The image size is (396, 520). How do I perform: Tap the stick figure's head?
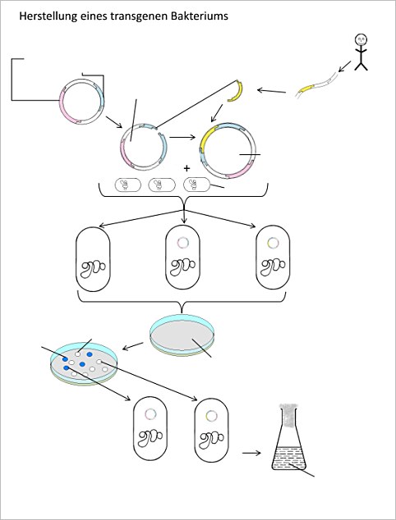pyautogui.click(x=361, y=40)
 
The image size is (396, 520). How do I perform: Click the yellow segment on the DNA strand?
pyautogui.click(x=306, y=89)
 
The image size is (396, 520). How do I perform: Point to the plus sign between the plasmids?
pyautogui.click(x=186, y=168)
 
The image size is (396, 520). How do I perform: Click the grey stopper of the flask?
pyautogui.click(x=290, y=414)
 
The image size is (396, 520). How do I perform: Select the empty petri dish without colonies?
pyautogui.click(x=182, y=335)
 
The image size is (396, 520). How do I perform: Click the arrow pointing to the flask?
pyautogui.click(x=251, y=453)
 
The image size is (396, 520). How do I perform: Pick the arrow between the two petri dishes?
pyautogui.click(x=133, y=346)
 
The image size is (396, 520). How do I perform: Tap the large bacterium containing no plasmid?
pyautogui.click(x=93, y=259)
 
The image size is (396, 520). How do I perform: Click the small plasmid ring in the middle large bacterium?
pyautogui.click(x=182, y=243)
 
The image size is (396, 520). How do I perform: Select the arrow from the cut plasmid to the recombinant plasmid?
pyautogui.click(x=182, y=137)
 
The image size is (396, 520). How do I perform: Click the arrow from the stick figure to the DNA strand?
pyautogui.click(x=344, y=66)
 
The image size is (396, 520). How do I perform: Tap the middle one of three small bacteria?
pyautogui.click(x=162, y=185)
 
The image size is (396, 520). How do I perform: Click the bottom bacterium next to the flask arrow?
pyautogui.click(x=212, y=430)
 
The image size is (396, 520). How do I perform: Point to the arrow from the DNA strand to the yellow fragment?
pyautogui.click(x=271, y=90)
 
